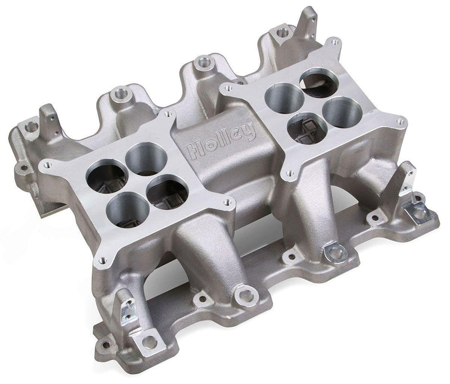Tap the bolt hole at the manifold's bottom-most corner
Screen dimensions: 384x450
click(x=148, y=341)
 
